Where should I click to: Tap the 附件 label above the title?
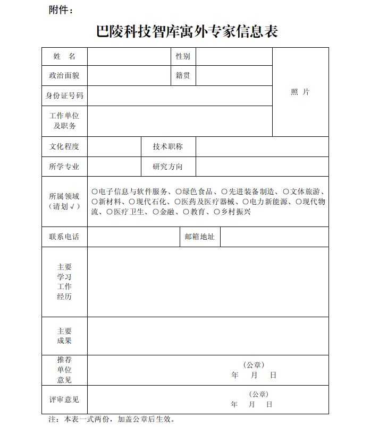[x=61, y=10]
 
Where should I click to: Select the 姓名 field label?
[x=64, y=56]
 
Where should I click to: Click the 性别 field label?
[x=183, y=56]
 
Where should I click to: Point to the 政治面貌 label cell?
[x=64, y=75]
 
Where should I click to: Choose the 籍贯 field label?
[x=183, y=75]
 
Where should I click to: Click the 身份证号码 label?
[x=64, y=95]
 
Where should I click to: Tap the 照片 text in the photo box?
[x=300, y=92]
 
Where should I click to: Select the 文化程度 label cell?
[x=64, y=146]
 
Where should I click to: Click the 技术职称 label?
[x=167, y=146]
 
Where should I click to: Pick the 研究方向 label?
[x=167, y=167]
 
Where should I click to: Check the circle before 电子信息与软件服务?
[x=95, y=191]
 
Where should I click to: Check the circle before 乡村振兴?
[x=217, y=212]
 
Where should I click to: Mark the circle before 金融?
[x=156, y=212]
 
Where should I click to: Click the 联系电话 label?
[x=64, y=237]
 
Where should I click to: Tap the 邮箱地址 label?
[x=199, y=237]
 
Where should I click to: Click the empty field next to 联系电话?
[x=133, y=237]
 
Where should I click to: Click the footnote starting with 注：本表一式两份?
[x=112, y=419]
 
